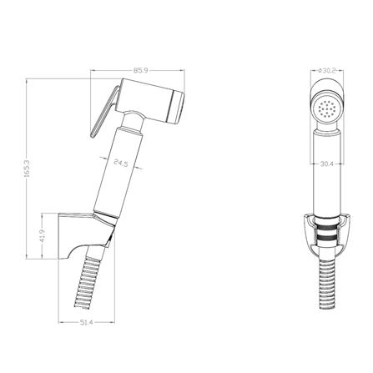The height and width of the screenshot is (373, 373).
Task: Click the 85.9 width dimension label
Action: pyautogui.click(x=141, y=71)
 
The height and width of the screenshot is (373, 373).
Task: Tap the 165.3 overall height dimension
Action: pyautogui.click(x=27, y=169)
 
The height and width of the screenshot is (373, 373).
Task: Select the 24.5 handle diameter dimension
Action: pyautogui.click(x=121, y=163)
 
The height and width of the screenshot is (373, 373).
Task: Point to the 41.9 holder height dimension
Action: pyautogui.click(x=43, y=236)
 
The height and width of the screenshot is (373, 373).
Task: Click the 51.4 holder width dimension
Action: pyautogui.click(x=87, y=322)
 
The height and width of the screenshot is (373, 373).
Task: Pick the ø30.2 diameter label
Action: pyautogui.click(x=326, y=71)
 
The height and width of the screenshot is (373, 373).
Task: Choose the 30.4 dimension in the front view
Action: pyautogui.click(x=327, y=164)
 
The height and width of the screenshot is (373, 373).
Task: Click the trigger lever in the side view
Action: pyautogui.click(x=104, y=112)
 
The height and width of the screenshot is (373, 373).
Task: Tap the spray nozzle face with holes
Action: pyautogui.click(x=326, y=108)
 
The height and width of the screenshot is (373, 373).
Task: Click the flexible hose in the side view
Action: pyautogui.click(x=89, y=278)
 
